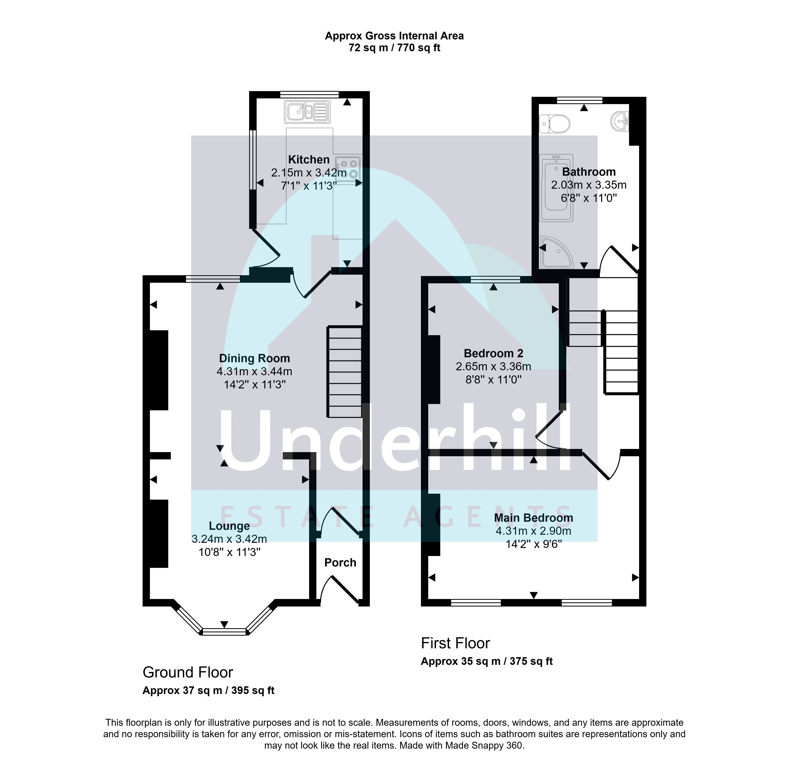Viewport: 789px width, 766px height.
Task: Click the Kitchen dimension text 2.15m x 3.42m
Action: (x=309, y=173)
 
